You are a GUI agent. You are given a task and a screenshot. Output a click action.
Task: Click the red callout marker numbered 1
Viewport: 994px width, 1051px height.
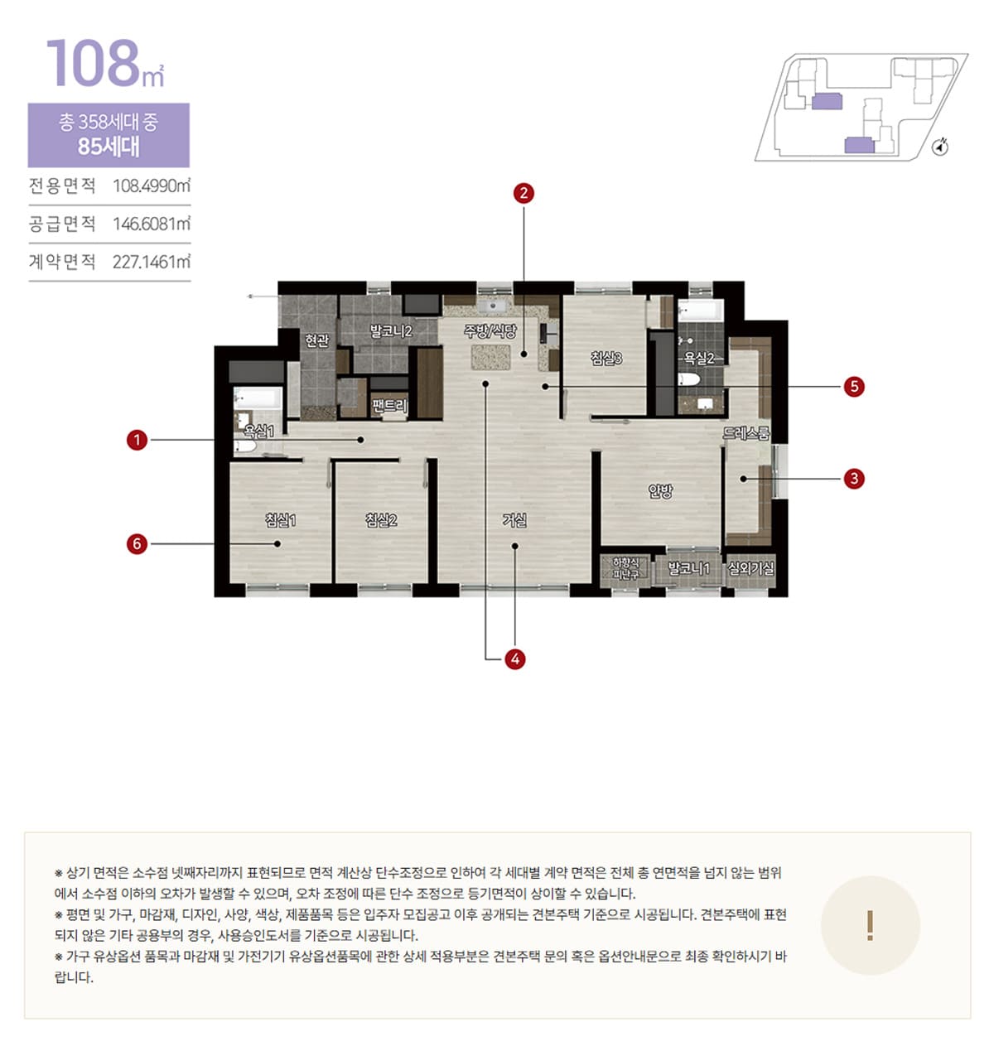pos(137,440)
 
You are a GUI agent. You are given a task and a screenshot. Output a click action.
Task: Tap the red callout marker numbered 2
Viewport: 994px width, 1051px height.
pos(524,193)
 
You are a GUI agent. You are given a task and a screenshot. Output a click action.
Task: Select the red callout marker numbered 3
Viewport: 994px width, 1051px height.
pos(854,479)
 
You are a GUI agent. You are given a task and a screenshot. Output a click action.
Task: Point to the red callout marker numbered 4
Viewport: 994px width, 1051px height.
pos(515,659)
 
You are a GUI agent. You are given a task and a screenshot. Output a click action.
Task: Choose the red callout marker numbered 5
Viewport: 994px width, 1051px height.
pos(854,387)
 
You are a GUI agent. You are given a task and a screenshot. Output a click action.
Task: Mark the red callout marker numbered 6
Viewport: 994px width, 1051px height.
pos(137,544)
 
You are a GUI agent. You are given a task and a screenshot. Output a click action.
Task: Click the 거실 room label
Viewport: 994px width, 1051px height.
pos(514,519)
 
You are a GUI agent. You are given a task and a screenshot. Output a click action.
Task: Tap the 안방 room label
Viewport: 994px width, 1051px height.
pos(660,491)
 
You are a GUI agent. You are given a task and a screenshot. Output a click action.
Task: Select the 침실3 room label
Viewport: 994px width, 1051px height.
pos(606,358)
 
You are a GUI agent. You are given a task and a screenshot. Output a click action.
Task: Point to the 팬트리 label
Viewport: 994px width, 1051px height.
pos(390,406)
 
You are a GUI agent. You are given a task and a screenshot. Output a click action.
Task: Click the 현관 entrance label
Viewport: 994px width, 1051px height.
pos(317,340)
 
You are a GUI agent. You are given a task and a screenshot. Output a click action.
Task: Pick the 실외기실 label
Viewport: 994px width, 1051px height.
pos(750,568)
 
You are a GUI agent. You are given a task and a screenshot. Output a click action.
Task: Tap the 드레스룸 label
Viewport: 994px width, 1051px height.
pos(746,433)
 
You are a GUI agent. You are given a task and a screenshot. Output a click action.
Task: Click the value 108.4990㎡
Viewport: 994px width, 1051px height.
pos(152,186)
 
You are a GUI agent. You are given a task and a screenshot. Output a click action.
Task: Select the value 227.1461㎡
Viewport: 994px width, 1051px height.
pos(152,262)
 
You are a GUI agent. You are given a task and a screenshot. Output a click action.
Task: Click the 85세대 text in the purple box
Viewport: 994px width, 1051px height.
pos(109,146)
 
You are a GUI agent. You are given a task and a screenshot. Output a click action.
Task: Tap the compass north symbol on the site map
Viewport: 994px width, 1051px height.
pos(940,147)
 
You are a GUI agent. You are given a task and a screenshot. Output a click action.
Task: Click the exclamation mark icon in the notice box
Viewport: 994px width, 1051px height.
pos(870,925)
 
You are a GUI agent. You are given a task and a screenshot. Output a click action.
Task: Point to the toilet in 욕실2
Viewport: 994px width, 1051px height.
pos(688,379)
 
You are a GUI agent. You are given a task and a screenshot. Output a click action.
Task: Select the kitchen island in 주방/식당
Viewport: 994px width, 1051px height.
pos(491,357)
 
